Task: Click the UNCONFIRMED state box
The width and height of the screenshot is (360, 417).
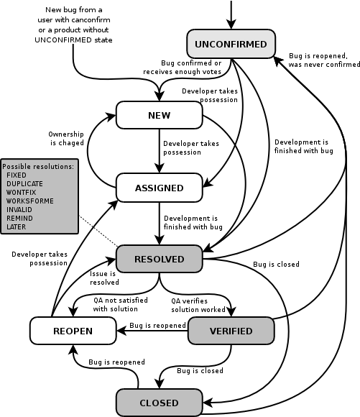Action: click(x=231, y=44)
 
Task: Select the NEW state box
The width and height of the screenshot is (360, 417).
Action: click(x=160, y=115)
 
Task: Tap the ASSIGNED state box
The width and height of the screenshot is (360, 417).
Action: click(x=160, y=188)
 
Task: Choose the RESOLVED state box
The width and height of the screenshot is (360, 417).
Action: click(x=160, y=259)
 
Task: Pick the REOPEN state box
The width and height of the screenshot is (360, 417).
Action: click(x=73, y=331)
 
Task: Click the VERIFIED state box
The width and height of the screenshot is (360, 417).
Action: click(x=231, y=331)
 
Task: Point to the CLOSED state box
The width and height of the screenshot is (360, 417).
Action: click(x=160, y=403)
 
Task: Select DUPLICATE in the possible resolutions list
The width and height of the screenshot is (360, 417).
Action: click(x=24, y=184)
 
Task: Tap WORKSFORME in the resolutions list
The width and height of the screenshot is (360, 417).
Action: click(x=29, y=201)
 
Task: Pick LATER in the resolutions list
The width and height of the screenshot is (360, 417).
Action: click(x=17, y=227)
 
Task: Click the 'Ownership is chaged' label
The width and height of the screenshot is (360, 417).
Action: click(x=66, y=139)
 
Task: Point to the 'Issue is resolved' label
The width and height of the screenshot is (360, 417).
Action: click(x=104, y=278)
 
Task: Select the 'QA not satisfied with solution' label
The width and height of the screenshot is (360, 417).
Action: click(x=121, y=305)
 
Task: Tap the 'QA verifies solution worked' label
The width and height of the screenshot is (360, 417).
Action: click(x=198, y=306)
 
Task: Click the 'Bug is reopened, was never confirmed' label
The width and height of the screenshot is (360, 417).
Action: click(x=324, y=60)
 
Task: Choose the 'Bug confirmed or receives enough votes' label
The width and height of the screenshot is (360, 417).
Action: click(x=182, y=68)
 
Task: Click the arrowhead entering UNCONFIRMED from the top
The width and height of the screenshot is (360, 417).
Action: click(x=231, y=24)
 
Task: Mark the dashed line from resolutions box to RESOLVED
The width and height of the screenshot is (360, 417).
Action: click(x=98, y=231)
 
